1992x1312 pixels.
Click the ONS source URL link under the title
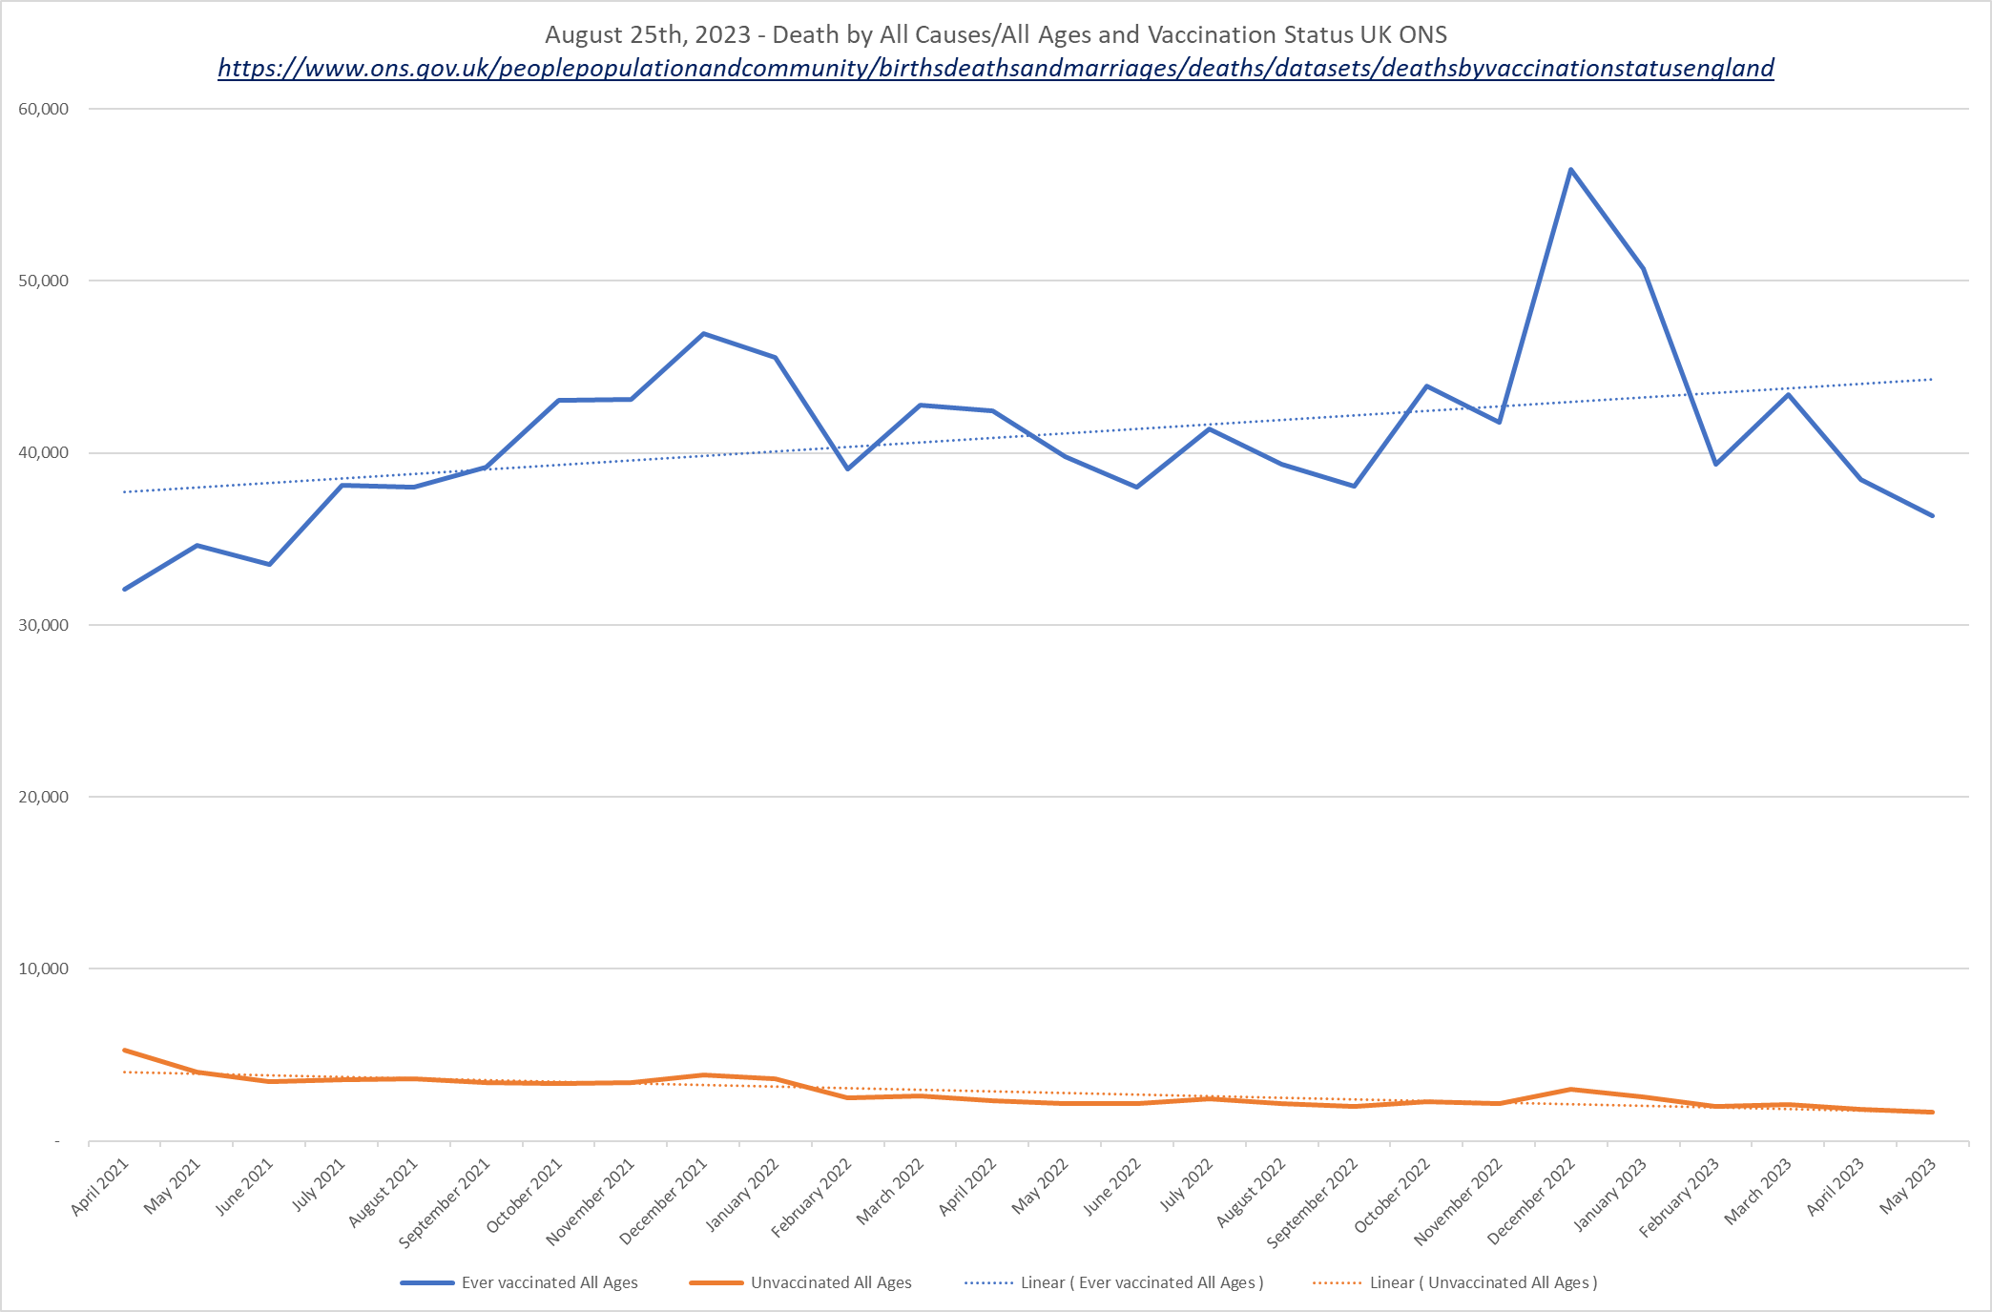tap(995, 68)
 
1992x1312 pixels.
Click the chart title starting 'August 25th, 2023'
tap(995, 34)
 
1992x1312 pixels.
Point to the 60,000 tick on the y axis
tap(44, 109)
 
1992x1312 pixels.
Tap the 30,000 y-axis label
tap(44, 625)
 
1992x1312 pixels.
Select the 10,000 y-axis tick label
tap(44, 968)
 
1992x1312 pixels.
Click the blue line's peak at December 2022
tap(1570, 170)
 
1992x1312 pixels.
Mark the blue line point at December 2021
tap(703, 333)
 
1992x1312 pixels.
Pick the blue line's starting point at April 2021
tap(125, 590)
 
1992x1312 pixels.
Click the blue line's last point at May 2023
tap(1932, 516)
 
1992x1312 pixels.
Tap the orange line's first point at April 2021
tap(125, 1051)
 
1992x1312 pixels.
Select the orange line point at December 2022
tap(1570, 1090)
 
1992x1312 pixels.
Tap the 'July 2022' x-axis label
tap(1186, 1184)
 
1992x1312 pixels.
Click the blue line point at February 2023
tap(1715, 464)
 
